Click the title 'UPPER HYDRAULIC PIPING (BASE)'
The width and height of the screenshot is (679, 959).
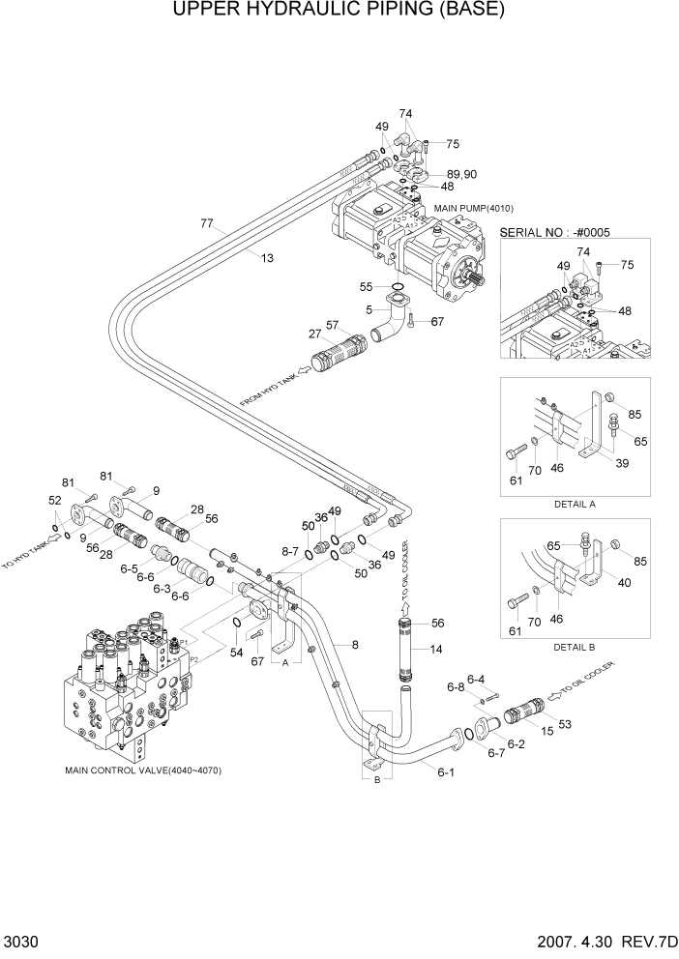339,12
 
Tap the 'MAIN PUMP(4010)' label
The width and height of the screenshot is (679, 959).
473,208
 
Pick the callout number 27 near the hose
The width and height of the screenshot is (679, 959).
315,334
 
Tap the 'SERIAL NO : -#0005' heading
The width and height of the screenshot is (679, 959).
560,233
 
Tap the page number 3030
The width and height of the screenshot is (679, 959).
20,943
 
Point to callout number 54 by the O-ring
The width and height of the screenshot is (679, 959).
237,654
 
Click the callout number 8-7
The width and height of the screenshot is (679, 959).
290,551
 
